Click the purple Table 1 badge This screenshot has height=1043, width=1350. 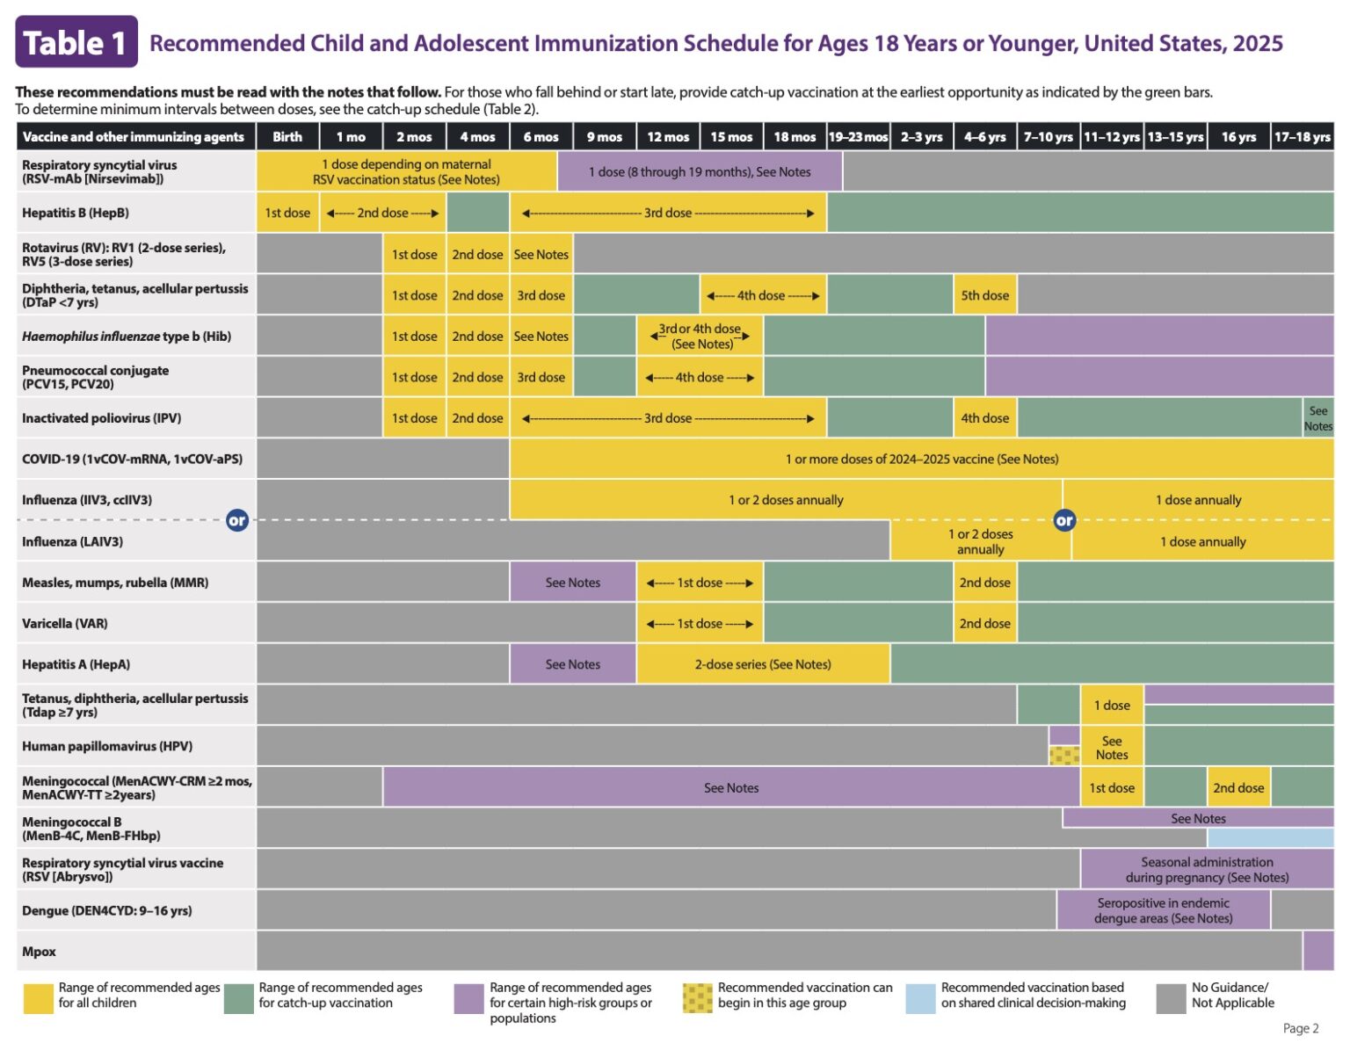tap(76, 42)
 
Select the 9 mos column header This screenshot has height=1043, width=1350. tap(605, 137)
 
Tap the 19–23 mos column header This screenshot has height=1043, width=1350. tap(858, 137)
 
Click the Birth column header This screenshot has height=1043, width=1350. tap(287, 137)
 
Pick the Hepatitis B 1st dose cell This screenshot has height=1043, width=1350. tap(287, 213)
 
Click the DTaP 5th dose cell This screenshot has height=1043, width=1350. tap(984, 295)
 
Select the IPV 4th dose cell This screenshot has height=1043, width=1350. tap(984, 418)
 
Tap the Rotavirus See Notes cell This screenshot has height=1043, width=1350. tap(541, 255)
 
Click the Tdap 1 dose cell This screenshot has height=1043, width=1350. tap(1112, 706)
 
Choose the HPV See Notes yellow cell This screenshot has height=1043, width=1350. tap(1112, 747)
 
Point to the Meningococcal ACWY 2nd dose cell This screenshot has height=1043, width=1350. tap(1238, 788)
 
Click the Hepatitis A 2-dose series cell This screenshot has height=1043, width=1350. tap(762, 664)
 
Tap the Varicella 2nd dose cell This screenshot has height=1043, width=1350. tap(984, 624)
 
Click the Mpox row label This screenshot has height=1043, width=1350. tap(39, 952)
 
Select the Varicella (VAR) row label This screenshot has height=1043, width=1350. tap(64, 624)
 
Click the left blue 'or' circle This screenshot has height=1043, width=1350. tap(236, 520)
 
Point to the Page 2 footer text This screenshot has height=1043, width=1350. tap(1300, 1028)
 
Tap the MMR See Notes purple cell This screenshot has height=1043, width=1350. tap(572, 583)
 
